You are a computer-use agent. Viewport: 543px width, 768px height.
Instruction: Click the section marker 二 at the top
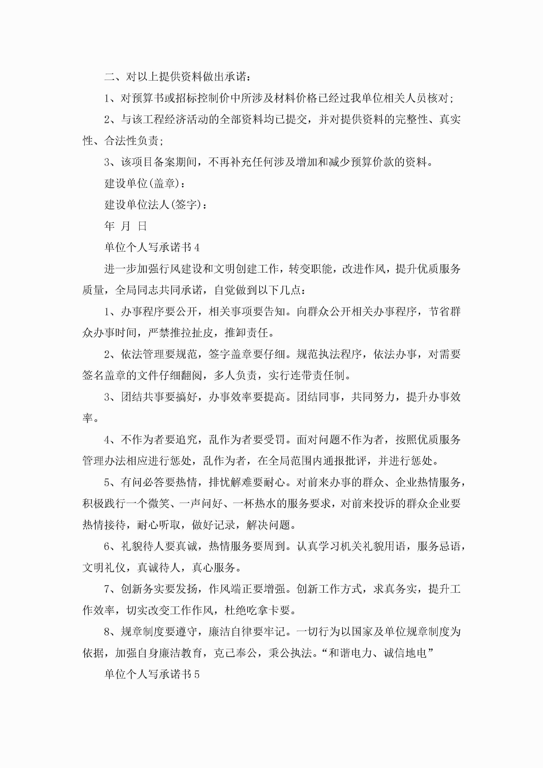[x=109, y=77]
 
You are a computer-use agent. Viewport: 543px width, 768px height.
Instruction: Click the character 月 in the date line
[x=125, y=226]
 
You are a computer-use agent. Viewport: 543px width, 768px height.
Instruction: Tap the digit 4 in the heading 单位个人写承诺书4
[x=197, y=248]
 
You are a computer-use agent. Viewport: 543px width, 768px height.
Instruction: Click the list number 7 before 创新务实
[x=107, y=589]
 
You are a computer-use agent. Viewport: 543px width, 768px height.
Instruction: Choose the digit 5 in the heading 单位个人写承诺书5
[x=197, y=674]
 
